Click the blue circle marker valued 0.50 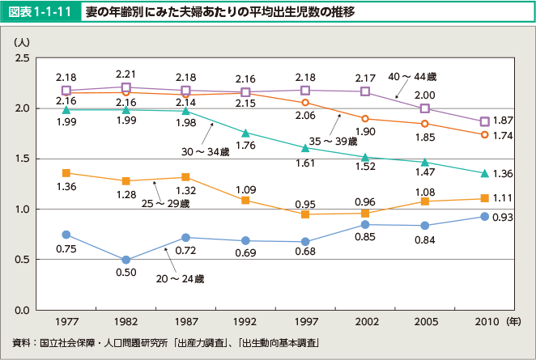(126, 260)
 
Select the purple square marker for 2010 (484, 121)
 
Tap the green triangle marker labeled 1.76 (245, 133)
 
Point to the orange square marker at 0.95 (305, 214)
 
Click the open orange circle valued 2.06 (305, 102)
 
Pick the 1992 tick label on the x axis (245, 321)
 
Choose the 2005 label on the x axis (424, 321)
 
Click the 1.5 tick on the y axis (23, 159)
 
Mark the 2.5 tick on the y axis (23, 58)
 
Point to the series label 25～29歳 (168, 203)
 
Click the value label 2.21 (126, 74)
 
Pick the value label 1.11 (504, 199)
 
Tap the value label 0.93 (504, 218)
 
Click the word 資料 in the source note (22, 342)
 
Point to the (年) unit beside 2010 (514, 321)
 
